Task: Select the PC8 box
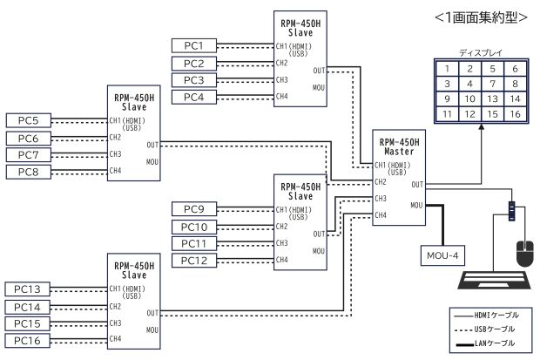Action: [28, 171]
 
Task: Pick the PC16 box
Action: [28, 340]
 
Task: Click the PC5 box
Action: [28, 119]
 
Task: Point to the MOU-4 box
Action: [442, 255]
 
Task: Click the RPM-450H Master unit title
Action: [397, 146]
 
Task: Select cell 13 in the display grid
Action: [493, 99]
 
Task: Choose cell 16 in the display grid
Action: [516, 114]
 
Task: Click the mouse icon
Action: [524, 253]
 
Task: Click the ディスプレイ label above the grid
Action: [481, 53]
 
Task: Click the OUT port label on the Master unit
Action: [418, 184]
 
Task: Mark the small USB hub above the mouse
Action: [512, 211]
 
